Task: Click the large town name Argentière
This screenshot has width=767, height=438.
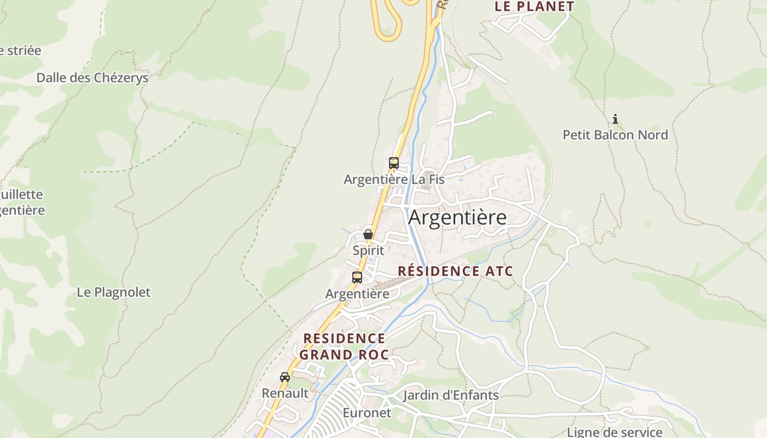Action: (457, 217)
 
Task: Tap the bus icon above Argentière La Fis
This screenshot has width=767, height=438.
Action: (394, 163)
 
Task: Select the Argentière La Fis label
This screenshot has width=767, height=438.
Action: (394, 179)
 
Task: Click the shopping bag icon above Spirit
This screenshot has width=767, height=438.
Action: (368, 234)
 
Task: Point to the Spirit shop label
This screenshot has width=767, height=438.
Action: (368, 250)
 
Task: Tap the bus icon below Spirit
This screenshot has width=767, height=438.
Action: (357, 277)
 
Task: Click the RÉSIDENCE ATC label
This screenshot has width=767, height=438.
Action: (455, 271)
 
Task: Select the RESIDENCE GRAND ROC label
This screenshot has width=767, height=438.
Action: (344, 346)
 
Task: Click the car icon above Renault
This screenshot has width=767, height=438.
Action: (285, 377)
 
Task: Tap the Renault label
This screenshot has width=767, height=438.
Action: (285, 393)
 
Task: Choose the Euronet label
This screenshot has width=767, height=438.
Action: (367, 413)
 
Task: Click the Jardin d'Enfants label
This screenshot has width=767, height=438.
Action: (451, 395)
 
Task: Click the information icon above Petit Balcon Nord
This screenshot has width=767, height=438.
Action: (615, 119)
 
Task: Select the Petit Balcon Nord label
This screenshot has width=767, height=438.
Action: (615, 135)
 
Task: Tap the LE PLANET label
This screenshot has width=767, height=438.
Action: (534, 7)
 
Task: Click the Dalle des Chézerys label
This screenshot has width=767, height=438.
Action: (93, 78)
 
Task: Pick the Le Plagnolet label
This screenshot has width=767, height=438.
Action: (113, 292)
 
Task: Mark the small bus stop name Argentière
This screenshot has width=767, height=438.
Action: (357, 294)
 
